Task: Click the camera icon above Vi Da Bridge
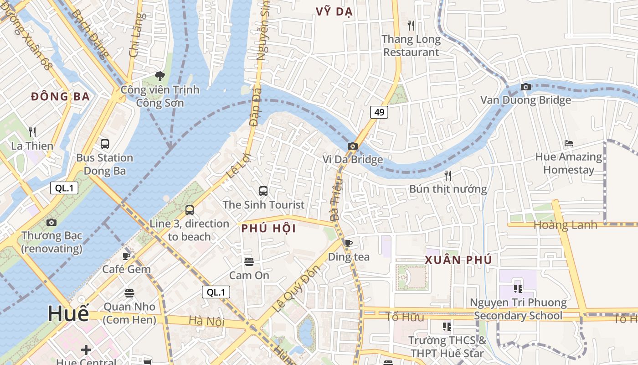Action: click(352, 146)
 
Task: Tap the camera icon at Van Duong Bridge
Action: click(525, 87)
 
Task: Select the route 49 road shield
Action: click(379, 112)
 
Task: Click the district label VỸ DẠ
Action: click(334, 12)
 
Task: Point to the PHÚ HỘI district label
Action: click(268, 229)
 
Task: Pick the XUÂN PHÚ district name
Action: click(458, 260)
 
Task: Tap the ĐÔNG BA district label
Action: click(60, 97)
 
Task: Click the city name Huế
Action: click(68, 314)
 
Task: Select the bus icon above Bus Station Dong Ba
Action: click(105, 144)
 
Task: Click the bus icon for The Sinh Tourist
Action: click(263, 191)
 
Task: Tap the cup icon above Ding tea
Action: click(349, 243)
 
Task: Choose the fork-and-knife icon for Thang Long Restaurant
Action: click(411, 26)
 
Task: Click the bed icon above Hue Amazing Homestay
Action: click(568, 143)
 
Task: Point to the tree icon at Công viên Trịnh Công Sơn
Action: click(159, 76)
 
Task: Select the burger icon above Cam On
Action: click(249, 261)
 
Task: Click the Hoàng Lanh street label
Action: click(565, 225)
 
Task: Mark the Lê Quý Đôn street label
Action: click(296, 288)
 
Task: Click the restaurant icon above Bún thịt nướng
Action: click(448, 175)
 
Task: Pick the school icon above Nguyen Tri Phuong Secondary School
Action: click(518, 288)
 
